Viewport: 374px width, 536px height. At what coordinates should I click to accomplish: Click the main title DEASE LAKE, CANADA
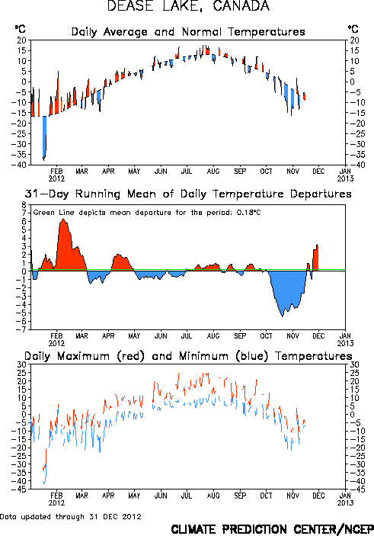tap(188, 6)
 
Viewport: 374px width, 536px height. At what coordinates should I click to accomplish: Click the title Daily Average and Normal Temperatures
tap(188, 32)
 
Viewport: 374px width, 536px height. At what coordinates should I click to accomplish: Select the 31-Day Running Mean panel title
tap(188, 194)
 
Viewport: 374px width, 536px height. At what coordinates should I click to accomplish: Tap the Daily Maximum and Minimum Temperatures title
tap(188, 356)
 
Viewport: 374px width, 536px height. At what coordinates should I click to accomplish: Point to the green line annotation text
tap(147, 213)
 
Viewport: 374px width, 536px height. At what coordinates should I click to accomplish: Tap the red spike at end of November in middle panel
tap(315, 258)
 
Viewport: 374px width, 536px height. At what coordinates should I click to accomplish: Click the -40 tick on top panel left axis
tap(21, 165)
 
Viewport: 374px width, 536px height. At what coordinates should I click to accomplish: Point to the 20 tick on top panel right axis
tap(354, 40)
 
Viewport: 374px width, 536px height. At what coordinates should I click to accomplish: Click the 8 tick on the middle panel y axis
tap(24, 205)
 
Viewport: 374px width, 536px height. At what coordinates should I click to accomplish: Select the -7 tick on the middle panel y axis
tap(22, 329)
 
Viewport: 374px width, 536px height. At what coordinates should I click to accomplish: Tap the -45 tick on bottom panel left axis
tap(21, 489)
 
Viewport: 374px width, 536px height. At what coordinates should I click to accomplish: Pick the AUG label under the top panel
tap(213, 172)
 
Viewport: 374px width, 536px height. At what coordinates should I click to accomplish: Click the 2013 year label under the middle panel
tap(345, 343)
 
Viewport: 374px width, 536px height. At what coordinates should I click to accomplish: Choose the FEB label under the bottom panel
tap(56, 496)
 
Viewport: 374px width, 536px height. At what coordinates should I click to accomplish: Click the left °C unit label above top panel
tap(20, 29)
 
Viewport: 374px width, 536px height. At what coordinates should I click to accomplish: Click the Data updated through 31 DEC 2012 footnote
tap(71, 516)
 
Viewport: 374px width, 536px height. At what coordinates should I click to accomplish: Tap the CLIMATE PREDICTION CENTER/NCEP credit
tap(272, 529)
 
